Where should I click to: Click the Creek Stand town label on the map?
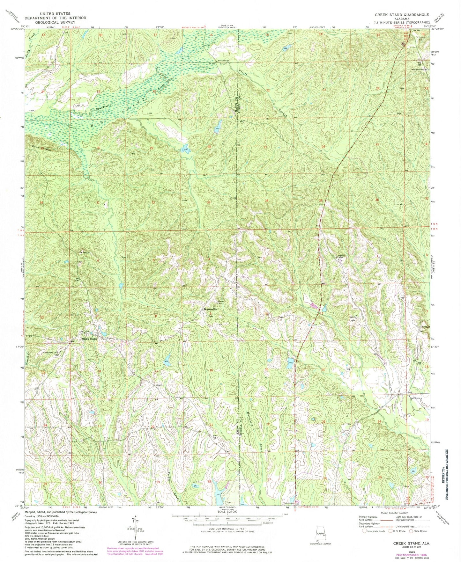[89, 339]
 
